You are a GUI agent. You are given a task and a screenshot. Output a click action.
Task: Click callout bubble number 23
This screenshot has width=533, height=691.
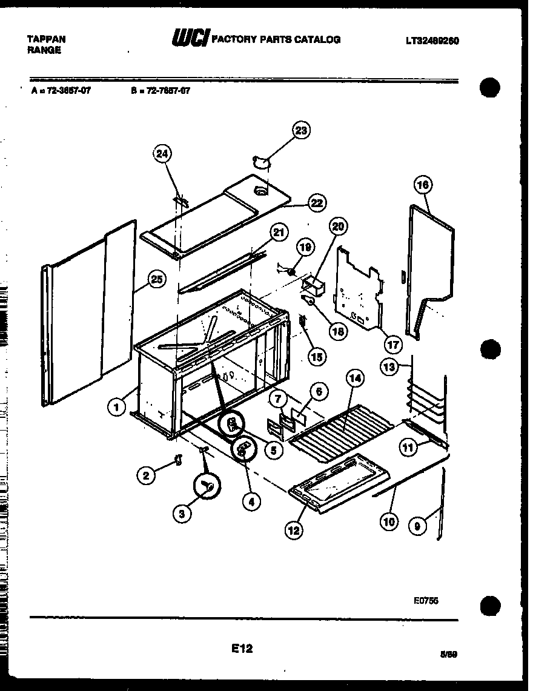point(301,130)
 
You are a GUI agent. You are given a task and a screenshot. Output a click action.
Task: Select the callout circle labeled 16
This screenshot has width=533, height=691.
point(423,185)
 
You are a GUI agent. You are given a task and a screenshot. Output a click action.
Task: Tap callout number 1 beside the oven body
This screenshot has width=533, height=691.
point(116,408)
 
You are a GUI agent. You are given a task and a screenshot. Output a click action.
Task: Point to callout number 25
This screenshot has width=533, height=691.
point(156,279)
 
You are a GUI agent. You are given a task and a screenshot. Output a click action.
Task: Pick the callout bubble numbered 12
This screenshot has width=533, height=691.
point(294,531)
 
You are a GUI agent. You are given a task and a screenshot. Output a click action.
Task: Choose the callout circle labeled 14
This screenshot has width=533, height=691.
point(356,379)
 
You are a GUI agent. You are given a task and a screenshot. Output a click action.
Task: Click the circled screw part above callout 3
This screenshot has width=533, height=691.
point(208,485)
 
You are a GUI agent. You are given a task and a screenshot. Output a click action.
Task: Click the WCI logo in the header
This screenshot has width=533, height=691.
point(189,40)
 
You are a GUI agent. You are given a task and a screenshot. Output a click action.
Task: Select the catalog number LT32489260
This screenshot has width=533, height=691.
point(432,41)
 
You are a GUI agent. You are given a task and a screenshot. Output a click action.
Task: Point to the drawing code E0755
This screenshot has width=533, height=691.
point(426,600)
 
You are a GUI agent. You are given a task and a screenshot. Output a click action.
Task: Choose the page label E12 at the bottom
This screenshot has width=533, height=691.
point(242,649)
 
